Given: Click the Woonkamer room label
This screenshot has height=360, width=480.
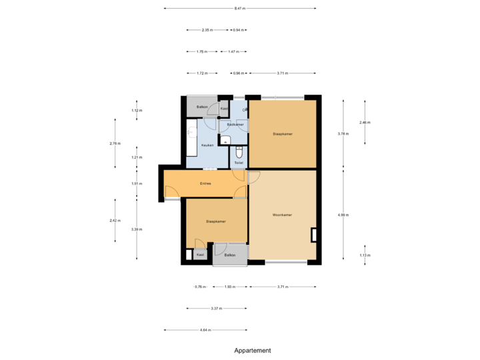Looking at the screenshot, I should [283, 215].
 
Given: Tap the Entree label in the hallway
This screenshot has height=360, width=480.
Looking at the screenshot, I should [206, 183].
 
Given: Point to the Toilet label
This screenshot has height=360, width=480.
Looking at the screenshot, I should [239, 162].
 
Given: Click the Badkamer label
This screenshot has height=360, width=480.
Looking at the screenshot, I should [235, 125].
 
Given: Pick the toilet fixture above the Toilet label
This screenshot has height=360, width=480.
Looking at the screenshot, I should [239, 151].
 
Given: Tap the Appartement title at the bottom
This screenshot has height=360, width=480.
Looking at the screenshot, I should [253, 350].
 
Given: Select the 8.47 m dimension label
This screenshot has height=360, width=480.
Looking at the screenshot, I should [240, 9].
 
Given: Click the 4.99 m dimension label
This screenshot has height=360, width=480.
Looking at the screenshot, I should [343, 215].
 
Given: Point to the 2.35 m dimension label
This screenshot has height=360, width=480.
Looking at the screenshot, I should [207, 30].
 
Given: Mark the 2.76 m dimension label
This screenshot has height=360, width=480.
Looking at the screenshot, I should [115, 143].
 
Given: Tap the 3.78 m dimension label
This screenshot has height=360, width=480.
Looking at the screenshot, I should [343, 134].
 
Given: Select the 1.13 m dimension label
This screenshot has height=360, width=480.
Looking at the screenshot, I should [365, 255].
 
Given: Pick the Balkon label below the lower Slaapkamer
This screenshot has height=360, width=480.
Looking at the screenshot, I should [230, 255].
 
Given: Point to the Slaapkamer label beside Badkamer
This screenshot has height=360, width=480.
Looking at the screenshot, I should [283, 134].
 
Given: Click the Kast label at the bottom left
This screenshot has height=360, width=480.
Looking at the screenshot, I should [200, 254].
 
